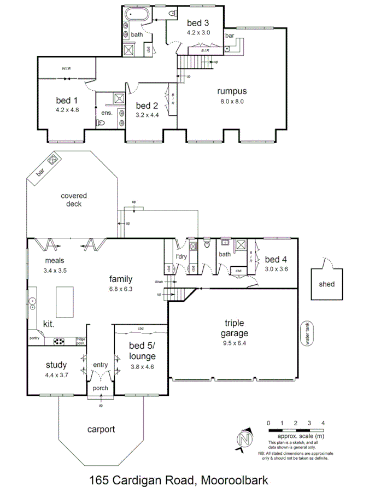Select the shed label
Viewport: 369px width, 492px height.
pos(326,284)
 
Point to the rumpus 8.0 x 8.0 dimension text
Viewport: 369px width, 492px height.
pos(232,101)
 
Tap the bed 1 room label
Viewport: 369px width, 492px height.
pos(67,101)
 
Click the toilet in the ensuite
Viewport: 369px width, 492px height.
pos(101,123)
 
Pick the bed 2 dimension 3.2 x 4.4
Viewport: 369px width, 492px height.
pos(147,115)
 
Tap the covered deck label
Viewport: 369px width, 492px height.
pos(74,200)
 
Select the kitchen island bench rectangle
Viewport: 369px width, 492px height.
pos(65,301)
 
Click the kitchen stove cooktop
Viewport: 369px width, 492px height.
pos(59,342)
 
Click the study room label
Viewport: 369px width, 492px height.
pos(56,365)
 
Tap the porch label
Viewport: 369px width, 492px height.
pos(100,388)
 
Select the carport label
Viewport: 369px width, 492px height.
pos(101,429)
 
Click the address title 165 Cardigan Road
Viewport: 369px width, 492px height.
pos(178,481)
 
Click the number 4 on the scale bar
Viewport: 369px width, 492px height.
pos(324,423)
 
